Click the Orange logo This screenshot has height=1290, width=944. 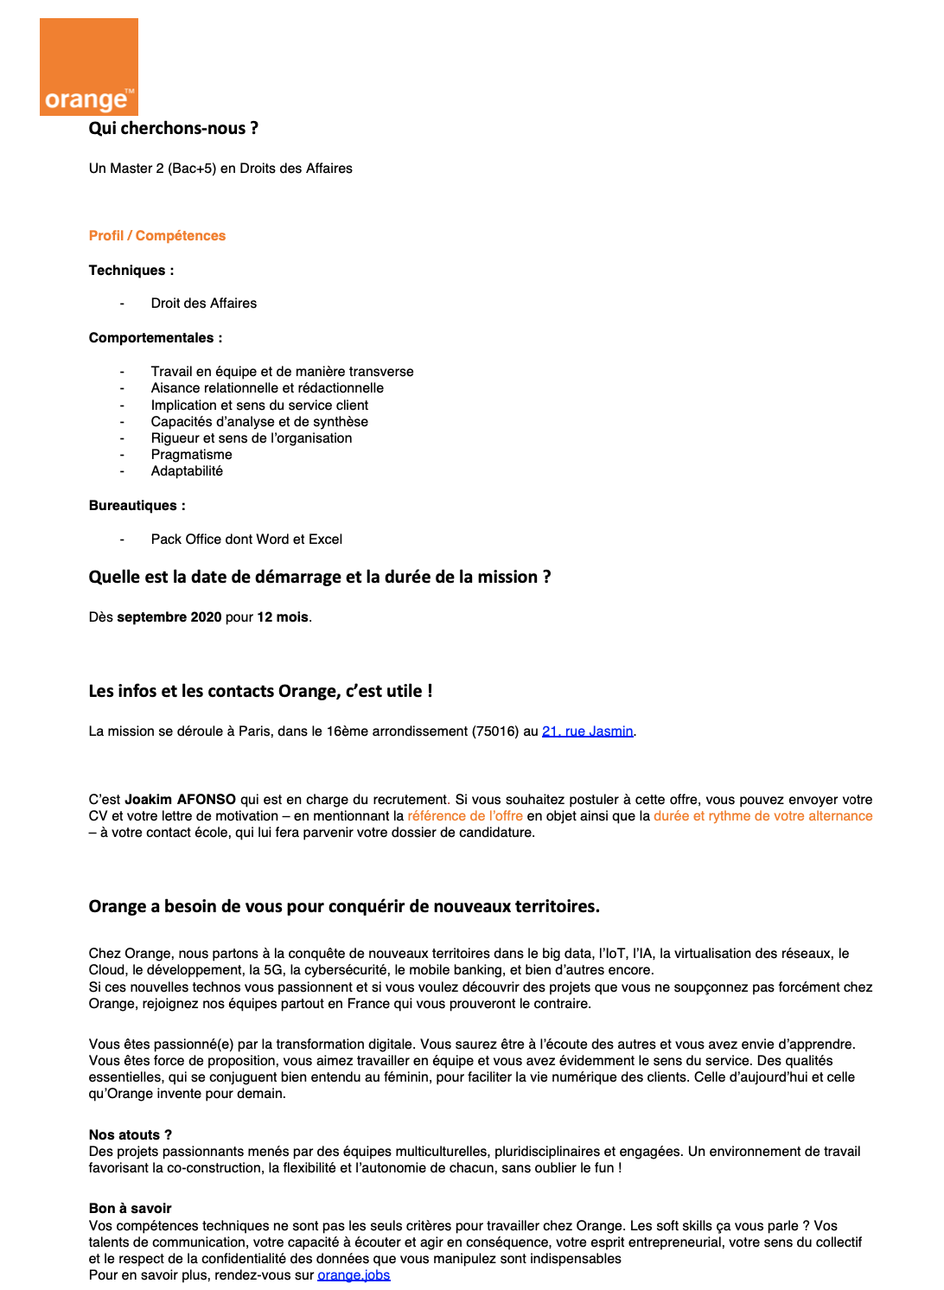89,67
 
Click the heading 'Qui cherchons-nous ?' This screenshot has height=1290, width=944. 173,129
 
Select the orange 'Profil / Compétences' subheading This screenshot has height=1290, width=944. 156,236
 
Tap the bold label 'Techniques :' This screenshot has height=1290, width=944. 131,271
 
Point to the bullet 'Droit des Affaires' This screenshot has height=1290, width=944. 203,303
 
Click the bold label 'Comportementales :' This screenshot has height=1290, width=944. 156,338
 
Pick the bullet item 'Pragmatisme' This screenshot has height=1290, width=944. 191,455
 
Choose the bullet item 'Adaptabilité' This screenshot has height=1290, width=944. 187,471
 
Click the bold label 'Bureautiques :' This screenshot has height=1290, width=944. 137,506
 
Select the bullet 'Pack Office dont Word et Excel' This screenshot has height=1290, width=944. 246,540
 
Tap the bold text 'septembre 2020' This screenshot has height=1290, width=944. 169,617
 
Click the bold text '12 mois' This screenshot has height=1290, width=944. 283,617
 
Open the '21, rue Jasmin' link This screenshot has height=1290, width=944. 587,731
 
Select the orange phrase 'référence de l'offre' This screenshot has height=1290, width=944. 465,816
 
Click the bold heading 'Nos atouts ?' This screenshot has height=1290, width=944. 130,1135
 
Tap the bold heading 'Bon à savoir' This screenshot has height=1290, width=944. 130,1209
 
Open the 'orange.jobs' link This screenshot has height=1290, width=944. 354,1275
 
